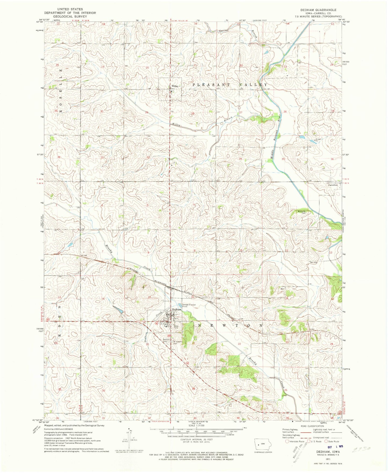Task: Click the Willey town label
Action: [175, 86]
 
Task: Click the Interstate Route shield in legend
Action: [287, 441]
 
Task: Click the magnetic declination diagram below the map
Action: [130, 440]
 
